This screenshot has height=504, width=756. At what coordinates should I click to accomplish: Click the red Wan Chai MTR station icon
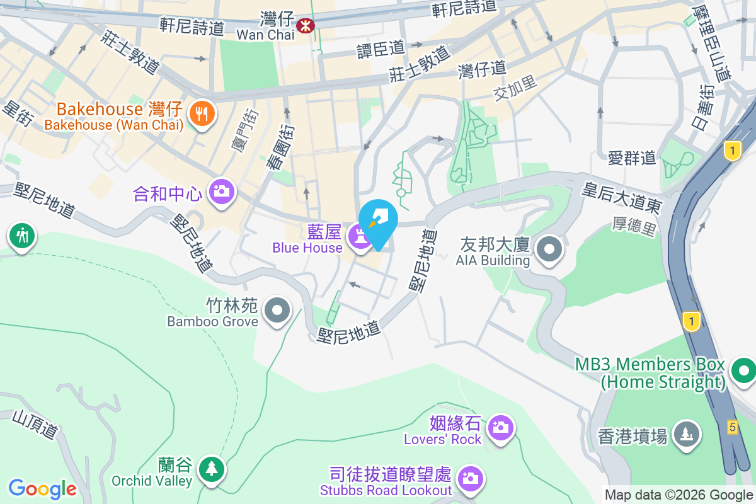click(x=306, y=25)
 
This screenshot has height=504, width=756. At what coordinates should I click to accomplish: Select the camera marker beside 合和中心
click(x=221, y=190)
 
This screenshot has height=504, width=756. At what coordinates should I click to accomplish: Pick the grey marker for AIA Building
click(x=550, y=249)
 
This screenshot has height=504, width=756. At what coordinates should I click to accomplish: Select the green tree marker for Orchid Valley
click(x=211, y=469)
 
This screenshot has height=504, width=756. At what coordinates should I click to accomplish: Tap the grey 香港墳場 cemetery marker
click(x=686, y=434)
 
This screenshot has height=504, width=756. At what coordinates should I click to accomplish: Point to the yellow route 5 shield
click(x=731, y=427)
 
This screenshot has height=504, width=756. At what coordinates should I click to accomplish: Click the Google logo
click(x=42, y=489)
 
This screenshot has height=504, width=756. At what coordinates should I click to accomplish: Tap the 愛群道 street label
click(x=632, y=157)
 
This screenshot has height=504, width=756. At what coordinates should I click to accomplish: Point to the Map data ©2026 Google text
click(x=679, y=495)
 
